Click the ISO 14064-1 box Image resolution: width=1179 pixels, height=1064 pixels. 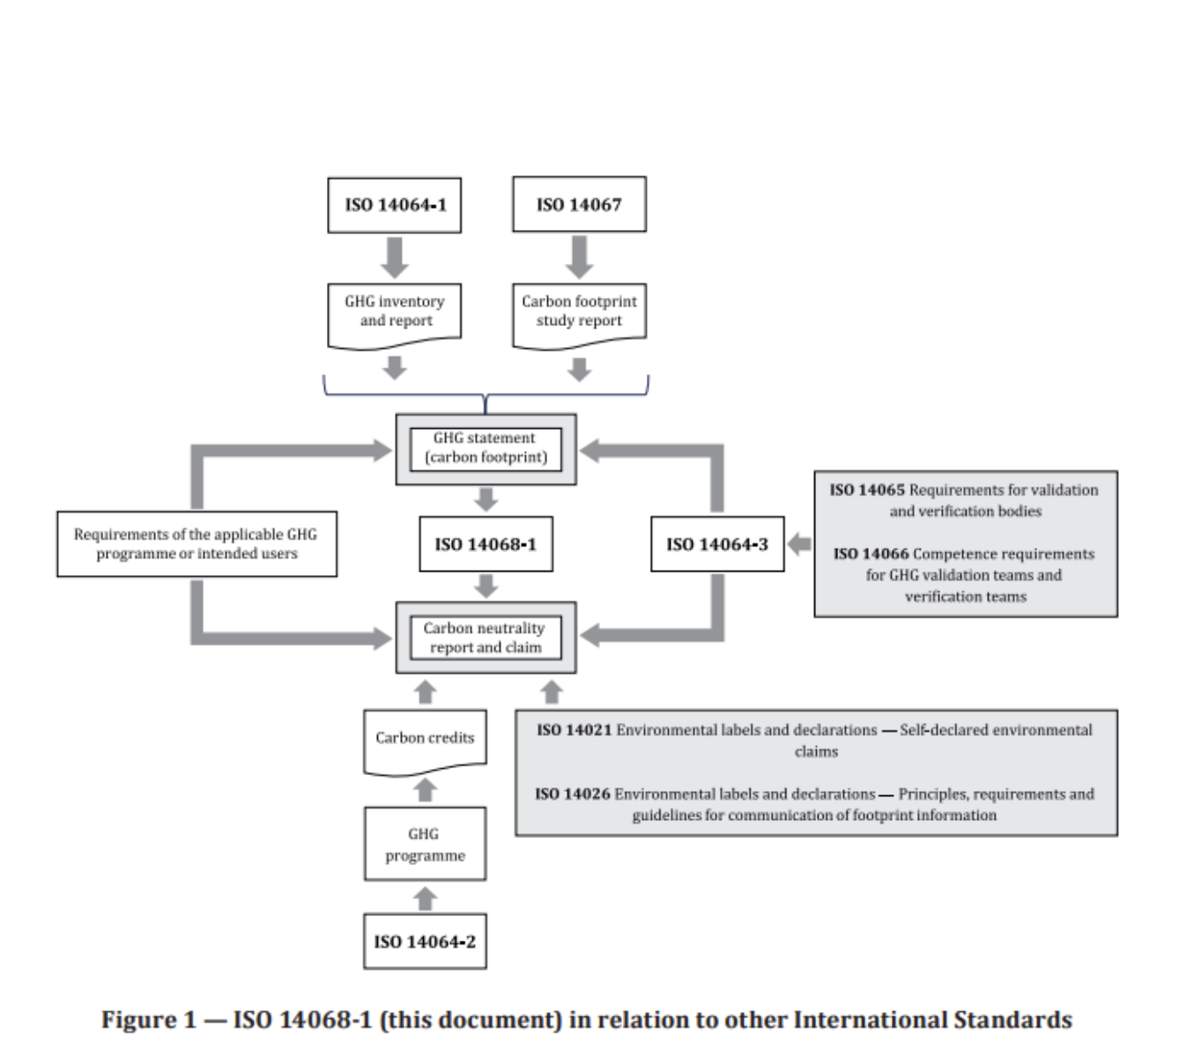click(x=394, y=205)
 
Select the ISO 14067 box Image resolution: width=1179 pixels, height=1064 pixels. click(x=579, y=205)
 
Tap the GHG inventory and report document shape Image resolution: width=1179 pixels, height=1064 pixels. click(x=394, y=312)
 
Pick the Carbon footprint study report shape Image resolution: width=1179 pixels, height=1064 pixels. click(x=579, y=312)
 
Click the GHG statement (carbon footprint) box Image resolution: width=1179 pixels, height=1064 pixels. click(x=486, y=448)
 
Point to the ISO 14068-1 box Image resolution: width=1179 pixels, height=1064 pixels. click(x=486, y=544)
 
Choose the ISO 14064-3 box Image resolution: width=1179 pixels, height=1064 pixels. click(x=717, y=544)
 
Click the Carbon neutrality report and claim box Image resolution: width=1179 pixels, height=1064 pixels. click(x=486, y=638)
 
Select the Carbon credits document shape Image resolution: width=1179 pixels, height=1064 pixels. click(x=425, y=739)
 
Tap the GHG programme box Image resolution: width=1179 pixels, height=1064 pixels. click(x=425, y=844)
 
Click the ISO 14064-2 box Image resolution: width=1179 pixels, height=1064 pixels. click(x=425, y=942)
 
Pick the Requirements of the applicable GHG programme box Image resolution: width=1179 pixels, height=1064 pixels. click(x=196, y=544)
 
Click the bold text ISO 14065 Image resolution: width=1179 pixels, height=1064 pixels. click(x=866, y=491)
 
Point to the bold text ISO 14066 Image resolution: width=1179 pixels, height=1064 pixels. click(x=871, y=554)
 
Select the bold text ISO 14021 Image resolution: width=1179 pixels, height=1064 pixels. click(x=574, y=730)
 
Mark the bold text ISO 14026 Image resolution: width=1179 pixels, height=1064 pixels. click(x=572, y=794)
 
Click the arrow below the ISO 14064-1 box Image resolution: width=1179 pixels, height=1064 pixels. click(x=394, y=257)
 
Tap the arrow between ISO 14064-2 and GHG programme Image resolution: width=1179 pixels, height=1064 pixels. click(x=425, y=898)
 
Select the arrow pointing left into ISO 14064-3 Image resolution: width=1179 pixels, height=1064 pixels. click(x=799, y=544)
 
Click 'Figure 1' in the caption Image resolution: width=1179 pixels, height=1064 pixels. click(x=148, y=1020)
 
